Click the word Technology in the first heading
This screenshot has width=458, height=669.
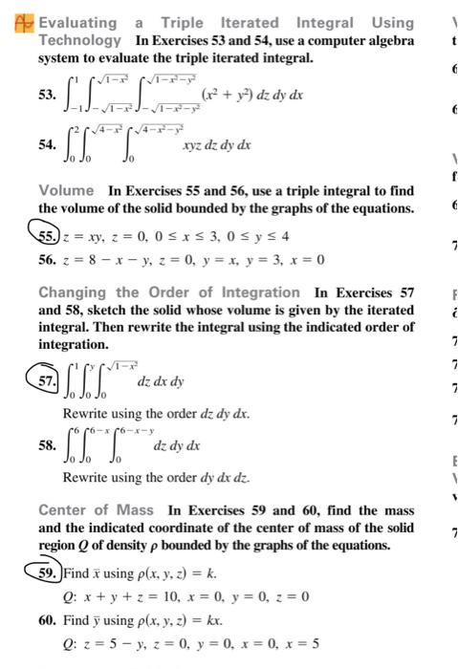click(x=80, y=40)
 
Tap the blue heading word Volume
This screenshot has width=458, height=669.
click(x=66, y=190)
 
